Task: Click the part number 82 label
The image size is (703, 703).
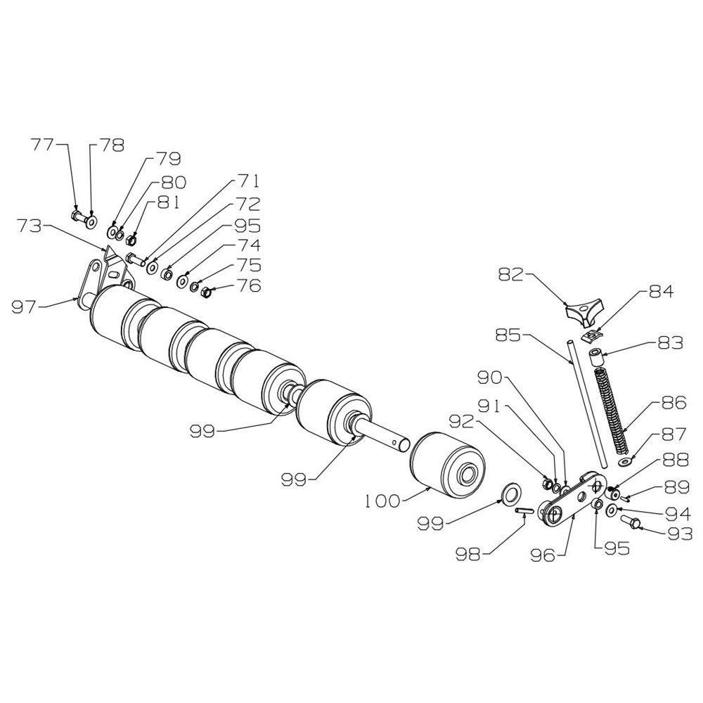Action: [x=510, y=275]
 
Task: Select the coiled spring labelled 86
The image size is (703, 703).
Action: [x=612, y=410]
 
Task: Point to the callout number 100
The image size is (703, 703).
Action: [x=382, y=501]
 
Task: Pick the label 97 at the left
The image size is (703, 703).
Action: [x=22, y=309]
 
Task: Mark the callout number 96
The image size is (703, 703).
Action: [x=542, y=555]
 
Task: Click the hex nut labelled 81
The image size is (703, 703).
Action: [x=131, y=240]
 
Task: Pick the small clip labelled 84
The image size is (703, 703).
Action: [x=591, y=335]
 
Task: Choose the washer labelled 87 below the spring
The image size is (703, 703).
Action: [x=624, y=461]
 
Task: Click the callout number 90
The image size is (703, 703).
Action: [x=491, y=378]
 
